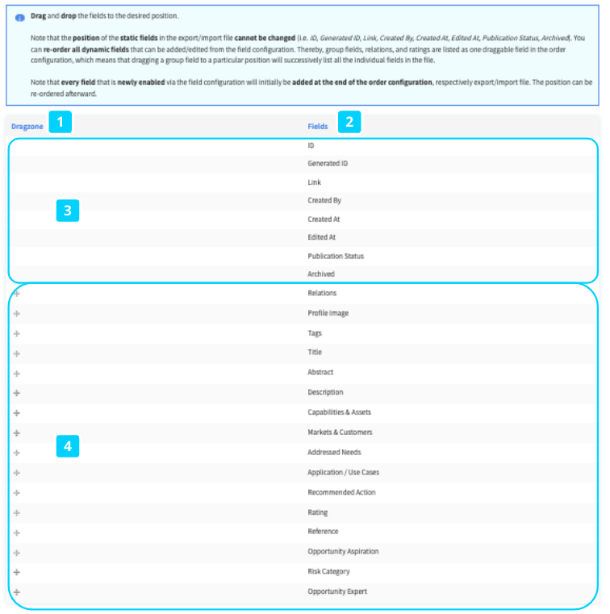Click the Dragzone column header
(x=27, y=127)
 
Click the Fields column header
(x=318, y=127)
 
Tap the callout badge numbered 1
(x=61, y=123)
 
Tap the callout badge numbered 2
(x=349, y=123)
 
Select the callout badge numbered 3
(x=68, y=211)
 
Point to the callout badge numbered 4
(x=68, y=446)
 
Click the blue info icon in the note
(x=20, y=17)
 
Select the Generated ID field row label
(x=328, y=164)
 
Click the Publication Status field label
(x=336, y=256)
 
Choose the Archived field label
(x=321, y=274)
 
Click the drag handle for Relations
(x=17, y=294)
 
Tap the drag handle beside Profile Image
(x=17, y=313)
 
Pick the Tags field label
(x=315, y=333)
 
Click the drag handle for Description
(x=17, y=393)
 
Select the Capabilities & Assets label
(x=340, y=412)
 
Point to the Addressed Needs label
(x=334, y=453)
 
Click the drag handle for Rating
(x=17, y=512)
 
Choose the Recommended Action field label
(x=341, y=492)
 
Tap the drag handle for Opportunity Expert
(x=17, y=592)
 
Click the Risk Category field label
(x=328, y=572)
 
